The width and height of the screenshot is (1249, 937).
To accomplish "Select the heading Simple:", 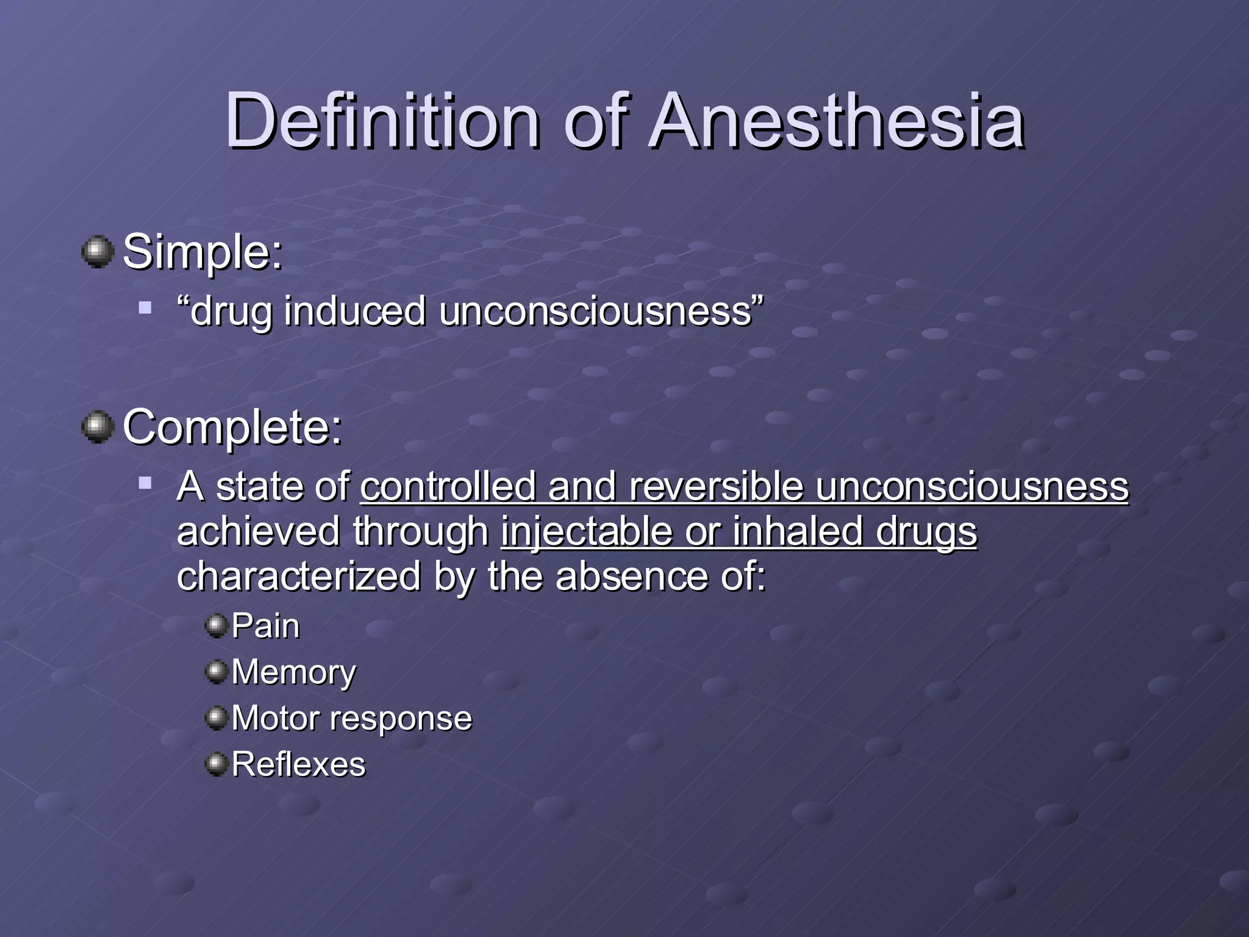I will [x=202, y=252].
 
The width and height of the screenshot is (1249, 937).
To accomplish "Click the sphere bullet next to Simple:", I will [x=98, y=251].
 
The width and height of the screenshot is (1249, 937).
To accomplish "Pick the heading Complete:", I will [x=232, y=427].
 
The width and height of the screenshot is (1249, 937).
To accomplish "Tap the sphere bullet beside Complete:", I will [x=98, y=426].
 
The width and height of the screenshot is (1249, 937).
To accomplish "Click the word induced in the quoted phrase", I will [x=354, y=311].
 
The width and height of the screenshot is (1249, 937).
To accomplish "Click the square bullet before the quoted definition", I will [x=145, y=307].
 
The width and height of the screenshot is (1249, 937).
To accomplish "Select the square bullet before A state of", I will [x=145, y=483].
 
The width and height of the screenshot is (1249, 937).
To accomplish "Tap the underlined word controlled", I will [x=448, y=487].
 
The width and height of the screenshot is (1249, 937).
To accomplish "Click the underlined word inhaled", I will [x=797, y=532].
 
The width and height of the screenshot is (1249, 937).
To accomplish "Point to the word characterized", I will [x=298, y=576].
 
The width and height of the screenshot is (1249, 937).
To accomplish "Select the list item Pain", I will [x=265, y=626].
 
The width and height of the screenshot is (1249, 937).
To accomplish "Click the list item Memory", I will [x=293, y=672].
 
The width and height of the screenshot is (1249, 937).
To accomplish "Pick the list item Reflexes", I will [x=298, y=764].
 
